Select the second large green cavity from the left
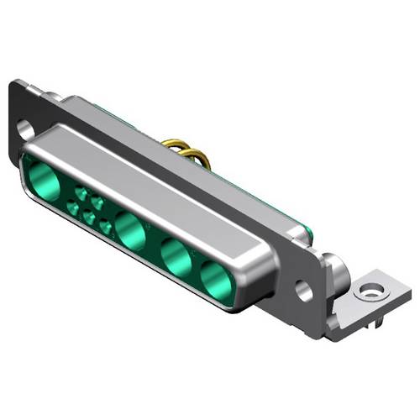point(131,231)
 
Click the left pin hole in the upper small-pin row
point(81,193)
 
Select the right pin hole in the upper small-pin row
point(98,202)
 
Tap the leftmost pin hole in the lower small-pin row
point(72,207)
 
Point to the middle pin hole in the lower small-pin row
point(89,218)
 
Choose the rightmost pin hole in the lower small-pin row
point(106,227)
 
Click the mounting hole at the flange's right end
point(304,292)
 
